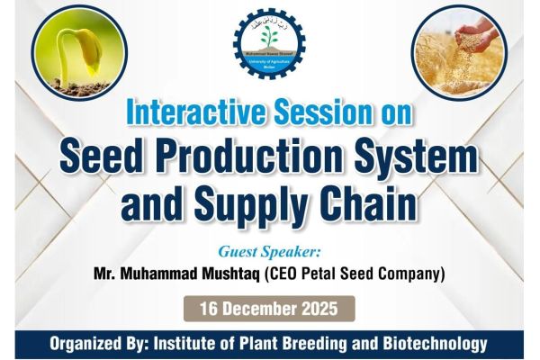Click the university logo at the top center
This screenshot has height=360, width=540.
point(268,43)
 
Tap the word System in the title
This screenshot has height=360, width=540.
point(426,159)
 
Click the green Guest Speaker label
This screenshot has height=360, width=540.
point(270,250)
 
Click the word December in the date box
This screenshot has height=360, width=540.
point(259,309)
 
